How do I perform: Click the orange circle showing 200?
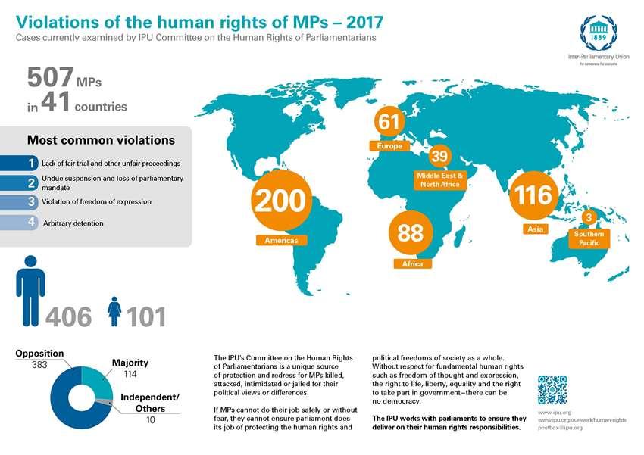pyautogui.click(x=280, y=202)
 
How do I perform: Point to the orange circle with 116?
pyautogui.click(x=533, y=196)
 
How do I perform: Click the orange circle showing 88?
pyautogui.click(x=411, y=232)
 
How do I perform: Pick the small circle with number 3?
pyautogui.click(x=589, y=218)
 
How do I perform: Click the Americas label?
pyautogui.click(x=280, y=240)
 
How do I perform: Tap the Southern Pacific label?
pyautogui.click(x=589, y=239)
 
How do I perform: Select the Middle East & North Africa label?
pyautogui.click(x=439, y=179)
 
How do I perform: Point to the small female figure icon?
pyautogui.click(x=114, y=311)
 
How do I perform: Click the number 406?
pyautogui.click(x=69, y=316)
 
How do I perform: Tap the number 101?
pyautogui.click(x=146, y=316)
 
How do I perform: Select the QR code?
pyautogui.click(x=552, y=390)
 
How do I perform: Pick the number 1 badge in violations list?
pyautogui.click(x=30, y=163)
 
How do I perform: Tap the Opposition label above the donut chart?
pyautogui.click(x=39, y=354)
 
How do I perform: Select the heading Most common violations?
pyautogui.click(x=101, y=140)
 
